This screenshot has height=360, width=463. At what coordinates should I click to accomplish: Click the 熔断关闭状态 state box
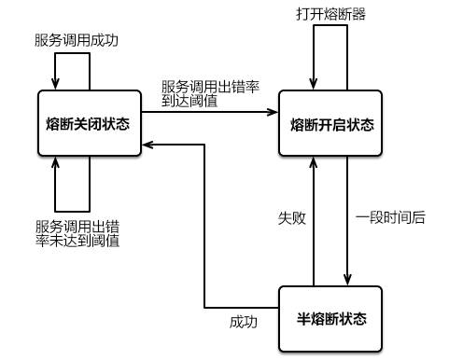pyautogui.click(x=88, y=123)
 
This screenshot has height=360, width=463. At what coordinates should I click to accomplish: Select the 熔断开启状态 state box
pyautogui.click(x=330, y=123)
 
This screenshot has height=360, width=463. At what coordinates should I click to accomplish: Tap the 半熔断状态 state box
pyautogui.click(x=330, y=318)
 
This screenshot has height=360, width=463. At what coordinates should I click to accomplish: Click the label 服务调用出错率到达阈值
pyautogui.click(x=210, y=93)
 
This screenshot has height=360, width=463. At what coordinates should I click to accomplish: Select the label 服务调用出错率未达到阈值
pyautogui.click(x=77, y=233)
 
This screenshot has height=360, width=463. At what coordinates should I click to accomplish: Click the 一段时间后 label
pyautogui.click(x=390, y=217)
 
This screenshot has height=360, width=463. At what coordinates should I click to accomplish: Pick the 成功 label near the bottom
pyautogui.click(x=244, y=322)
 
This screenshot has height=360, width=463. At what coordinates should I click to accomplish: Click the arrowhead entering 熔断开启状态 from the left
pyautogui.click(x=274, y=113)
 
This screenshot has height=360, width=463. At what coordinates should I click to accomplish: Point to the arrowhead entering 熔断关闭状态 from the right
pyautogui.click(x=147, y=145)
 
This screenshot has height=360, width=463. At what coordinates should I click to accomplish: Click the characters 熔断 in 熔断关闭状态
pyautogui.click(x=60, y=123)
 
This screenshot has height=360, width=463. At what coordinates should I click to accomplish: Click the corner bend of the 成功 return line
pyautogui.click(x=204, y=306)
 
